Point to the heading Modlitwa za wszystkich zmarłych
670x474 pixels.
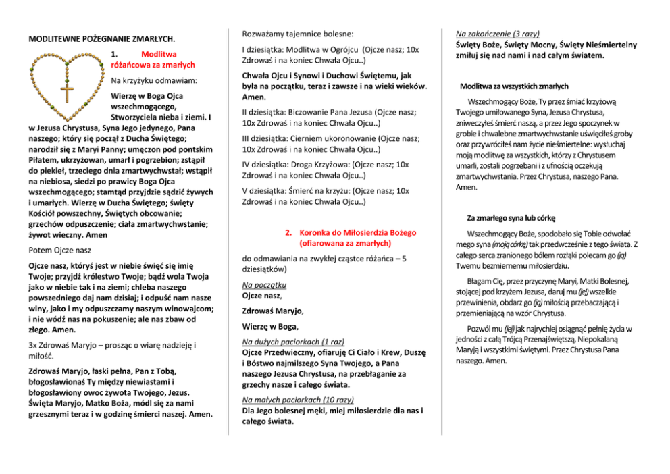[514, 86]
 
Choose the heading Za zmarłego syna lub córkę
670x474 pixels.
[511, 218]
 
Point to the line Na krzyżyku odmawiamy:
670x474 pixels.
[154, 81]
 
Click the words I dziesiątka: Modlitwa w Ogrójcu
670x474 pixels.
[300, 50]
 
